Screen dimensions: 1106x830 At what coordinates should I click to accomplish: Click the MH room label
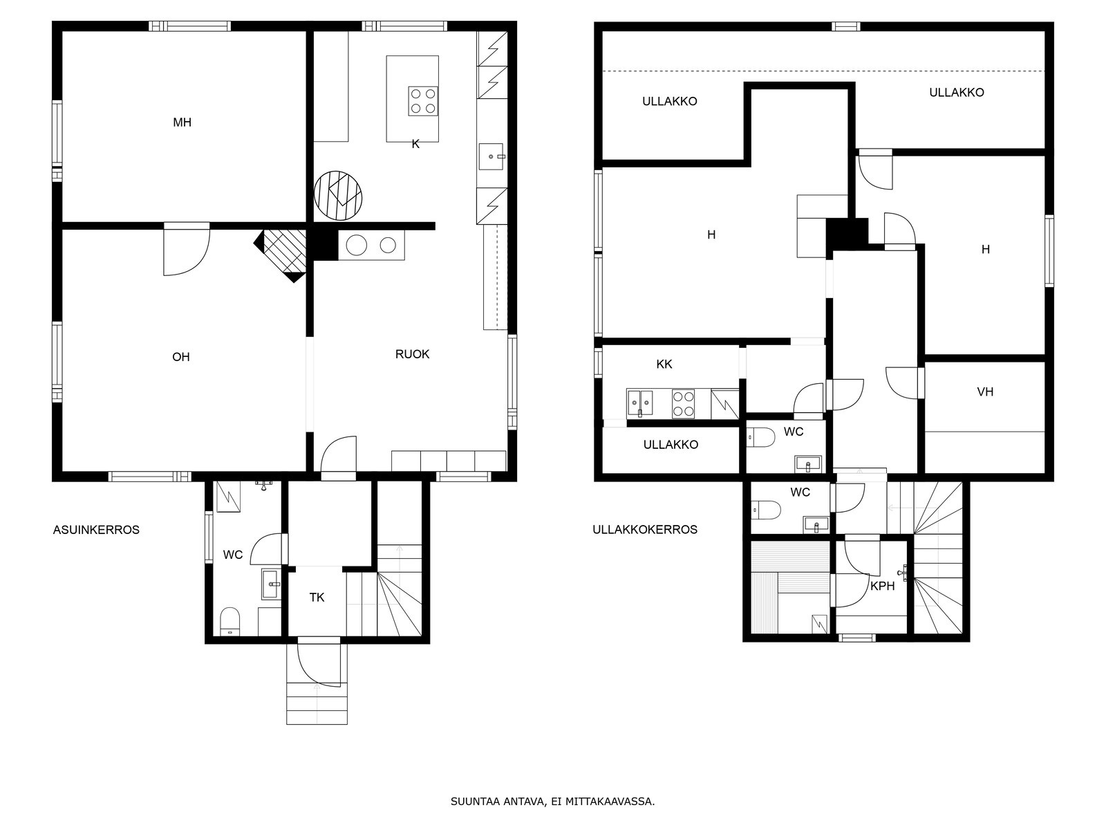tap(182, 122)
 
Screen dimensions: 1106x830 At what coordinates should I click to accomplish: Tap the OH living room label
tap(181, 358)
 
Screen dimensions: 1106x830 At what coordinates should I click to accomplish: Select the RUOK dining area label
tap(412, 354)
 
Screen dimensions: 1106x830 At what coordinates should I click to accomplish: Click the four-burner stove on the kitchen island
tap(423, 101)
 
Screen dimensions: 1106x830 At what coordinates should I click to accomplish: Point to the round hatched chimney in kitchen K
tap(338, 195)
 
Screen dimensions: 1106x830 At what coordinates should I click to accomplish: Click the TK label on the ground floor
tap(317, 598)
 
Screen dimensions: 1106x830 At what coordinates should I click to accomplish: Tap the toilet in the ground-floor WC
tap(229, 621)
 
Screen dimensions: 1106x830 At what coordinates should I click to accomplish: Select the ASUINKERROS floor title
tap(96, 530)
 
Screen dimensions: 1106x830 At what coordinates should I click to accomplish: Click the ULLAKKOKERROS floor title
tap(645, 530)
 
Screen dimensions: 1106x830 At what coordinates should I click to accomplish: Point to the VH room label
tap(985, 391)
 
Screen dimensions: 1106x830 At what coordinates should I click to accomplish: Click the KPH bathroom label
tap(882, 586)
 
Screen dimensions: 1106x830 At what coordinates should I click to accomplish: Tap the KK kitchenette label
tap(664, 364)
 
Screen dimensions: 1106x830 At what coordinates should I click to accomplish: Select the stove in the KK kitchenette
tap(683, 404)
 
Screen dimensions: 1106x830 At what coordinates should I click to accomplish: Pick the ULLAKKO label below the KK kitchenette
tap(671, 445)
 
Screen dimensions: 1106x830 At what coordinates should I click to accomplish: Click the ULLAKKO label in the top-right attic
tap(957, 93)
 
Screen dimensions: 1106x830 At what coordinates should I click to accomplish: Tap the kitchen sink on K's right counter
tap(491, 156)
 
